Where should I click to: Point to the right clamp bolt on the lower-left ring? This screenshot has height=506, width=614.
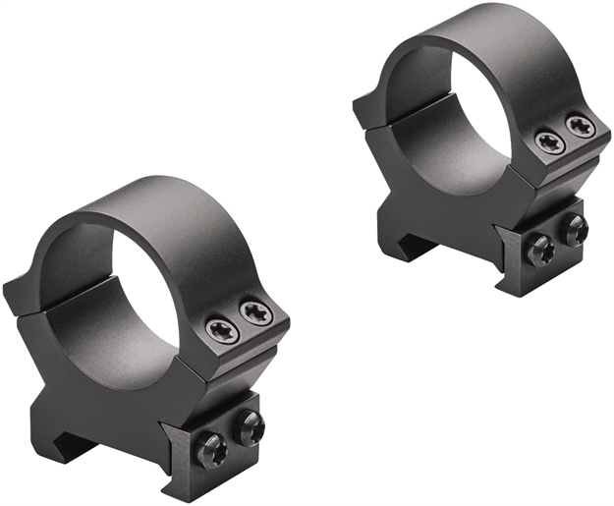pos(250,427)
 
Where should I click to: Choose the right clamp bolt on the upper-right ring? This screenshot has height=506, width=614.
pos(576,229)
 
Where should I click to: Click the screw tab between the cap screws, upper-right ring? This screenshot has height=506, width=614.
pos(564,135)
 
